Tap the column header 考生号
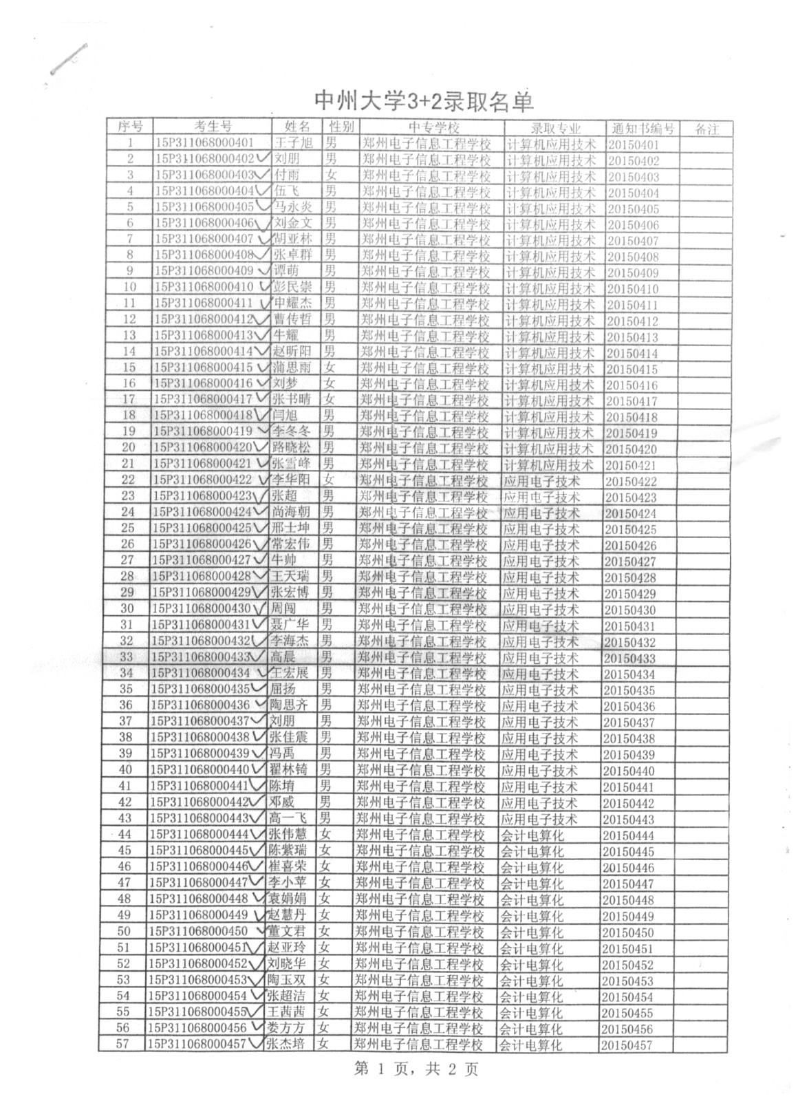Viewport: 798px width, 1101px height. (213, 127)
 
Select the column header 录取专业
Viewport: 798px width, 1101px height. (555, 128)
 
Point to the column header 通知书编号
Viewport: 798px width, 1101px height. (643, 128)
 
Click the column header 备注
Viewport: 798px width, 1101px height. (707, 129)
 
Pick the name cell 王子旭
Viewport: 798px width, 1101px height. (293, 143)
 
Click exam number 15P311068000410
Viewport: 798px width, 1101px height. (204, 286)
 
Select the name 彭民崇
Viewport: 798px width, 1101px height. (292, 286)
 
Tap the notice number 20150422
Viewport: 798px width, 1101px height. (631, 482)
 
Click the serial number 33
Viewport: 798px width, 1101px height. (126, 656)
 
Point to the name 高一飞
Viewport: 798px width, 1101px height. (288, 817)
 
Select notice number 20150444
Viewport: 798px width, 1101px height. (628, 835)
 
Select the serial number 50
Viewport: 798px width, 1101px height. (124, 931)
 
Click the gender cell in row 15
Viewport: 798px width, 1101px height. (331, 367)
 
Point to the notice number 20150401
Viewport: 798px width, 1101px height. (633, 145)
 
